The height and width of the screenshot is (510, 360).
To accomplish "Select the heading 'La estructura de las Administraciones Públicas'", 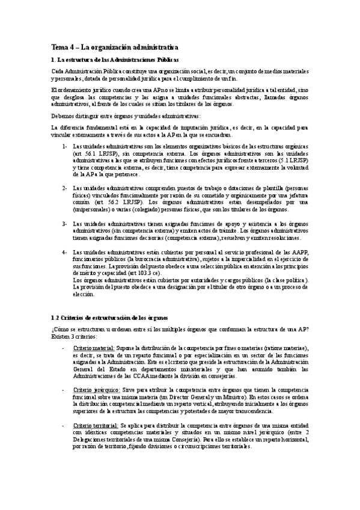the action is pyautogui.click(x=117, y=60).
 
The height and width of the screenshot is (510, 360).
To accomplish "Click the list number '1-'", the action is pyautogui.click(x=64, y=146).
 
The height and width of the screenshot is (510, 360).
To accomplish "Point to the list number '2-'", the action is pyautogui.click(x=64, y=188).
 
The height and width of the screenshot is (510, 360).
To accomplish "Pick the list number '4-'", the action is pyautogui.click(x=64, y=251).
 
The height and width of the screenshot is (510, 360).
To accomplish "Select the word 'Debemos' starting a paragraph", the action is pyautogui.click(x=64, y=116).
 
